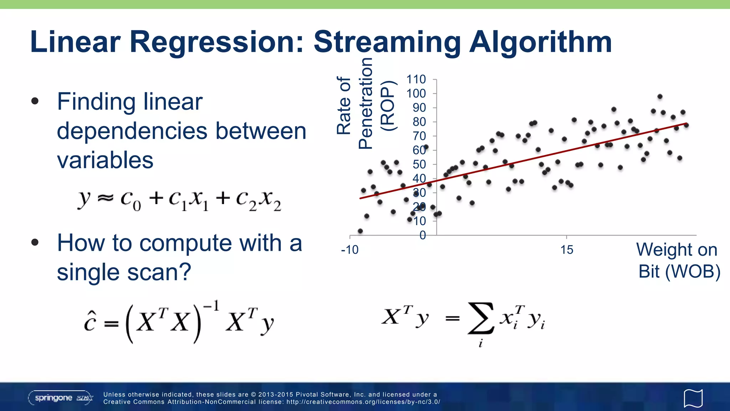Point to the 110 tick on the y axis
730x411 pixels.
point(416,80)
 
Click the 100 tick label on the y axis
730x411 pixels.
point(416,93)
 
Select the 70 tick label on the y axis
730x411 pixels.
point(419,136)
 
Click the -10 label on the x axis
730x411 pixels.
point(350,250)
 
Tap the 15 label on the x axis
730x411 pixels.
point(566,250)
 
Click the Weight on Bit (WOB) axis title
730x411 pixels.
point(678,260)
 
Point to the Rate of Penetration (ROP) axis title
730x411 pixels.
point(365,103)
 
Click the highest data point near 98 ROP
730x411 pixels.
point(660,97)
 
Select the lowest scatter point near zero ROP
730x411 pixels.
point(360,231)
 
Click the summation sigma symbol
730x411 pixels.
point(481,318)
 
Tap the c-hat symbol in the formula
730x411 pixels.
point(90,321)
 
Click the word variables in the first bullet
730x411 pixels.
point(105,160)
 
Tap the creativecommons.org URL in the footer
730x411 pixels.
point(363,402)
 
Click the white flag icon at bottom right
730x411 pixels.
point(693,398)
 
